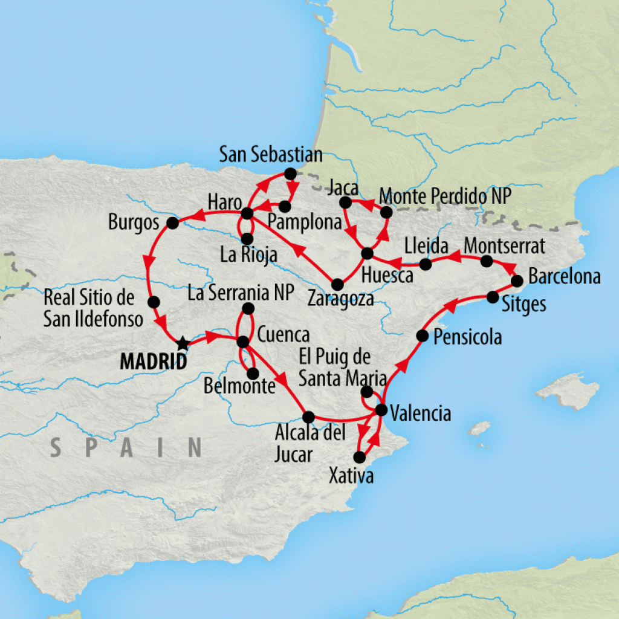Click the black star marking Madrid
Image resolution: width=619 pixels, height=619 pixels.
[x=183, y=343]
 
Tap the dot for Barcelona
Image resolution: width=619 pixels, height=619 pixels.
[x=517, y=281]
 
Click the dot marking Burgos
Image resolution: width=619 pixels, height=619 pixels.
[x=172, y=223]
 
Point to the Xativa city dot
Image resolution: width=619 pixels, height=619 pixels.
[x=359, y=456]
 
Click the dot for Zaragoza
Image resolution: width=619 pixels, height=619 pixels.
[x=338, y=284]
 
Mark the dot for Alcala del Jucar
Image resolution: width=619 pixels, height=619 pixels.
[x=308, y=416]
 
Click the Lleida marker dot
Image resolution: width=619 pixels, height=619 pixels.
[x=426, y=264]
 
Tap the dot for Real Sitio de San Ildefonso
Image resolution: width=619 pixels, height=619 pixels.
[x=154, y=302]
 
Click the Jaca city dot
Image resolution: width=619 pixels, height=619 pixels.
[x=345, y=203]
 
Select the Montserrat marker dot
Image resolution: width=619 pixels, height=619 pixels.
[x=486, y=261]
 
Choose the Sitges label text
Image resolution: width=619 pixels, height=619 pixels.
[x=524, y=304]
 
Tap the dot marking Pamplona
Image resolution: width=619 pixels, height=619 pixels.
[x=285, y=207]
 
